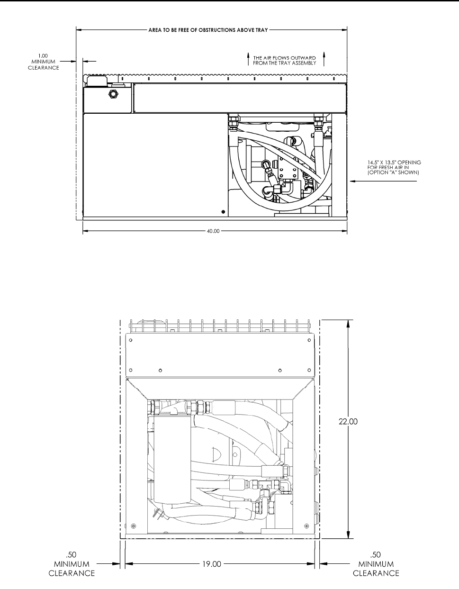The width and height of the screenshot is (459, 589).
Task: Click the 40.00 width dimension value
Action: tap(213, 231)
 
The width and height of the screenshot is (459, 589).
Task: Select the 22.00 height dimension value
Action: tap(348, 421)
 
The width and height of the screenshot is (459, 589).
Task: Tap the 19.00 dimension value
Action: tap(212, 564)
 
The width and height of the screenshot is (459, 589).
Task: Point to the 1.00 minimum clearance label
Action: tap(44, 62)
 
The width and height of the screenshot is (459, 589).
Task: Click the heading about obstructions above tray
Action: tap(208, 30)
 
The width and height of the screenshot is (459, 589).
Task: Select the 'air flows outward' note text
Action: tap(285, 61)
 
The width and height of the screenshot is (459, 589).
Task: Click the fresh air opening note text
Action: tap(394, 167)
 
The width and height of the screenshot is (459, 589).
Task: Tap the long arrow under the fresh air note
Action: tap(383, 181)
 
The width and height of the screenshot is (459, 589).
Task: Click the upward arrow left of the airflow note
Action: tap(248, 59)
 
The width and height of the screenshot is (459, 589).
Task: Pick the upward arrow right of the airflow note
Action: tap(324, 59)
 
